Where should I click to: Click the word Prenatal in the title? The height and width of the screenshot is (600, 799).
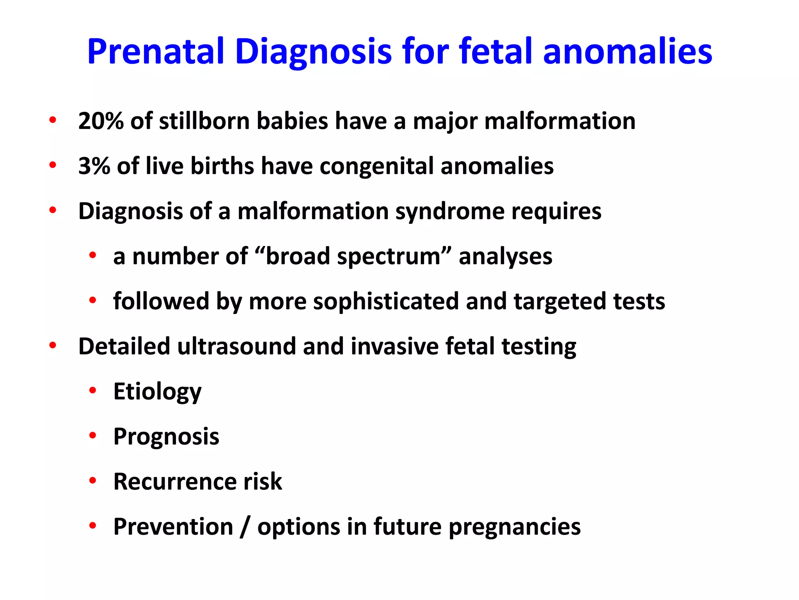tap(156, 52)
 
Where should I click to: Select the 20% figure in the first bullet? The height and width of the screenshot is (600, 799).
tap(101, 121)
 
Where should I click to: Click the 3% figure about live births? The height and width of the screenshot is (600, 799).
tap(94, 166)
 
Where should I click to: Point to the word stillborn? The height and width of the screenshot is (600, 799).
tap(204, 121)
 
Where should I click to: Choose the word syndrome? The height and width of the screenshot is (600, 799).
tap(450, 211)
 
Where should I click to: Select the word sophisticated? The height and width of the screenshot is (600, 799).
tap(385, 302)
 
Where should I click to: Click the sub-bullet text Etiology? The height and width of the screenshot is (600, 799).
tap(157, 392)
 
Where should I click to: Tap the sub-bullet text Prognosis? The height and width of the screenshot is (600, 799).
tap(166, 437)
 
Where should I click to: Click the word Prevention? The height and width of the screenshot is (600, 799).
tap(173, 527)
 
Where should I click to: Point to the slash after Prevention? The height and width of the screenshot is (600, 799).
tap(245, 527)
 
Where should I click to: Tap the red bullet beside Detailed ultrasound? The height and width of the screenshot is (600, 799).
tap(53, 345)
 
